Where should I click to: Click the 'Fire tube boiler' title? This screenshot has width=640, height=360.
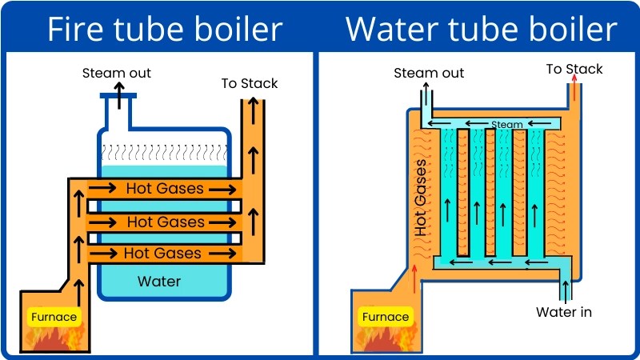[164, 30]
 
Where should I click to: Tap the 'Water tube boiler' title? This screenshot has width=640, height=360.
[481, 30]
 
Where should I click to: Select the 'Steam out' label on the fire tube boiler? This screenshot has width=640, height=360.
[117, 74]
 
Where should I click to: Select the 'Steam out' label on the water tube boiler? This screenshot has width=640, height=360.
[429, 74]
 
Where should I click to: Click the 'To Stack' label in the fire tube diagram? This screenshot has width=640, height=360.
[250, 83]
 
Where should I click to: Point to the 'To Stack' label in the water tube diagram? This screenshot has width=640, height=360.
[574, 69]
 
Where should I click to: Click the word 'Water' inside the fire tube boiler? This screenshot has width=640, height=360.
[159, 281]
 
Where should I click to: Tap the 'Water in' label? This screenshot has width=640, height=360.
[564, 311]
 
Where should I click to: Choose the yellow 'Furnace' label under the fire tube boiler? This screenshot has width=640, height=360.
[54, 317]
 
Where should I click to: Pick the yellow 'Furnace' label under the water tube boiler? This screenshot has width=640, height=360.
[386, 317]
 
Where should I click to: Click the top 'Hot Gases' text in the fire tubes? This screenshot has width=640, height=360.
[165, 190]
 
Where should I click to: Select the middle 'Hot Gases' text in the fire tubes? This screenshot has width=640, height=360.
[166, 222]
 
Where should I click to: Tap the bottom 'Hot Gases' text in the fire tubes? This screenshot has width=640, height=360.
[162, 254]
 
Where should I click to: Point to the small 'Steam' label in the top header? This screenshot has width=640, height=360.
[506, 125]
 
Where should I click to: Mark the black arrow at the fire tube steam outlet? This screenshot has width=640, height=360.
[118, 94]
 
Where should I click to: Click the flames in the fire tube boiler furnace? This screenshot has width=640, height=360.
[54, 339]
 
